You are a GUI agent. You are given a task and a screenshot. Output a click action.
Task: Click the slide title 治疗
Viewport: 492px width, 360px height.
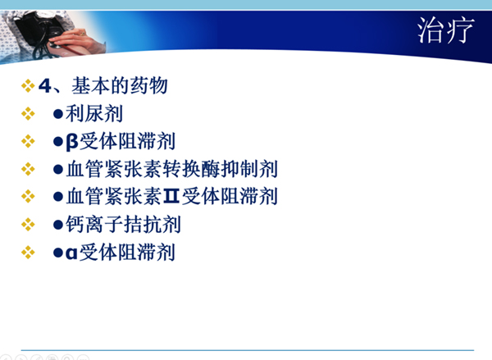tap(445, 30)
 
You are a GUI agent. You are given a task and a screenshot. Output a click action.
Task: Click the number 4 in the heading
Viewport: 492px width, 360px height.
tap(45, 85)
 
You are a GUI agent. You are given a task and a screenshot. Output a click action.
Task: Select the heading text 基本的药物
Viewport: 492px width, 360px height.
tap(120, 85)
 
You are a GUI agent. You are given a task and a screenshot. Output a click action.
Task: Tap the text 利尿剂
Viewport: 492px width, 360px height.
tap(94, 113)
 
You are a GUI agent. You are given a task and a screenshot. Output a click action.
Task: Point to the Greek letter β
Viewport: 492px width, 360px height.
tap(72, 142)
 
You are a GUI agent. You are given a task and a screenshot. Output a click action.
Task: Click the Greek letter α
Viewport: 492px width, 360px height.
tap(71, 253)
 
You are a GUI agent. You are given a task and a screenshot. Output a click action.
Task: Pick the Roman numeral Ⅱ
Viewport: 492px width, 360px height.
tap(171, 196)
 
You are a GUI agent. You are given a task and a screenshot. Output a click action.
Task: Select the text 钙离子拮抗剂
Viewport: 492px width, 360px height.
tap(123, 225)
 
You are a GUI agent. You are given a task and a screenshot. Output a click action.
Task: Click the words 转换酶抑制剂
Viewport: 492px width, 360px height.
tap(225, 169)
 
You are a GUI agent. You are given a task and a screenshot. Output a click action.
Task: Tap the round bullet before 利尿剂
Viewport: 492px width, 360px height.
tap(58, 114)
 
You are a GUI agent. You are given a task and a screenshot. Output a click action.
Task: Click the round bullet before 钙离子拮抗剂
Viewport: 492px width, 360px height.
tap(58, 225)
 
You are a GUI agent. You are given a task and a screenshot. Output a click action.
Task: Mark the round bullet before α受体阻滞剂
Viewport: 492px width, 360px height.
tap(58, 253)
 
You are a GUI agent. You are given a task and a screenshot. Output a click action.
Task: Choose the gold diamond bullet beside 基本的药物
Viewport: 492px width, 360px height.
tap(28, 85)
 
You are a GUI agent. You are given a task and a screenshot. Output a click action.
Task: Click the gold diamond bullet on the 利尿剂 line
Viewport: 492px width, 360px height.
tap(28, 114)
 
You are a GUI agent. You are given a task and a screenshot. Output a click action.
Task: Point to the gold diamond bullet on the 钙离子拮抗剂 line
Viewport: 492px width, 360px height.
tap(28, 225)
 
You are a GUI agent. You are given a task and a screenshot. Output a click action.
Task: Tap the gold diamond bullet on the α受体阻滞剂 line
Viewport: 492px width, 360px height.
tap(28, 253)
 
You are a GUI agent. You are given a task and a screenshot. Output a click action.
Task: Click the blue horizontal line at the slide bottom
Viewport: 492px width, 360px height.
tap(248, 350)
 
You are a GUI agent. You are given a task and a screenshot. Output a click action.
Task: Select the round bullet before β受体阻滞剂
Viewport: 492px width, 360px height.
tap(58, 142)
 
